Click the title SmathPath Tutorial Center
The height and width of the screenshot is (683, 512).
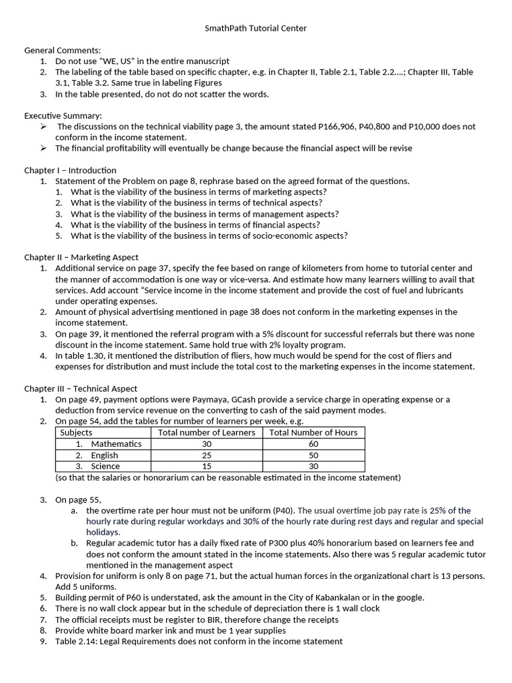[255, 29]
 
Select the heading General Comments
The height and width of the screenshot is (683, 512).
[63, 50]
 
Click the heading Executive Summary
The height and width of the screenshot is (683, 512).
[63, 115]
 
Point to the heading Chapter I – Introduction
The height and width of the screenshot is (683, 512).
[70, 170]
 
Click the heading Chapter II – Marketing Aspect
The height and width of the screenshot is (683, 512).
[81, 257]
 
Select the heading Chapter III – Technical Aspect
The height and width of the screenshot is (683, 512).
[81, 388]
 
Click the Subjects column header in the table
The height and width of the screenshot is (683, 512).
[76, 432]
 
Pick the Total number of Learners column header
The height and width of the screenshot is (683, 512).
[206, 432]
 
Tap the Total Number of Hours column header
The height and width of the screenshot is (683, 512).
[313, 432]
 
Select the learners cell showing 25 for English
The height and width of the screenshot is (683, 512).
[206, 455]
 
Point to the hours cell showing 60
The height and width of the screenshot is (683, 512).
[313, 444]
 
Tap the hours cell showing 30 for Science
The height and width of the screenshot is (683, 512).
[313, 466]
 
